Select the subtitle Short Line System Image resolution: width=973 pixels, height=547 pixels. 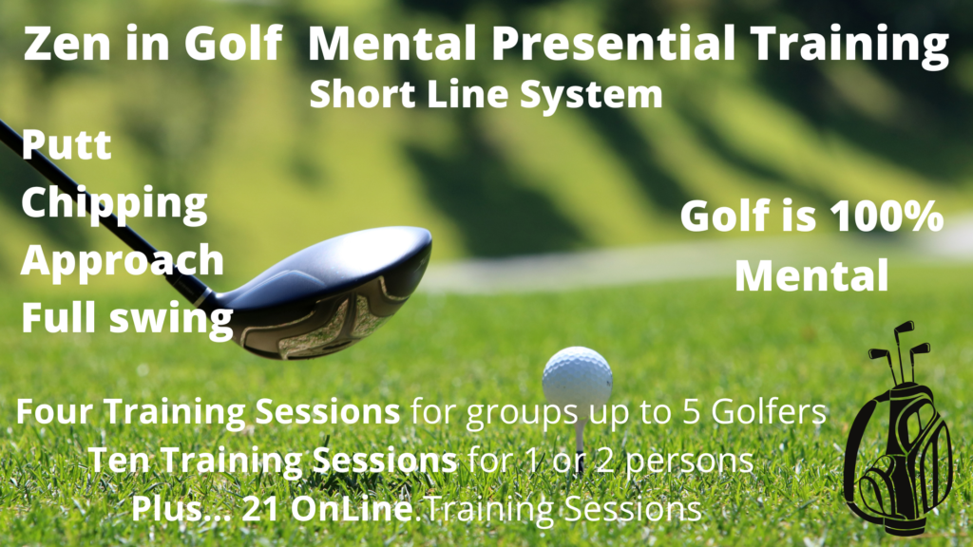[x=486, y=95]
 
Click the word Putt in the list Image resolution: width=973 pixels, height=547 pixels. [x=67, y=145]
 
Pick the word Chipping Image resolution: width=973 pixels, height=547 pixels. [x=114, y=203]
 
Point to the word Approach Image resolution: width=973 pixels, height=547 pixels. [x=123, y=261]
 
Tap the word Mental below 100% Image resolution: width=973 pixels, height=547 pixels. [x=811, y=275]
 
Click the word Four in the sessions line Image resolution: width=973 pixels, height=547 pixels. [x=56, y=411]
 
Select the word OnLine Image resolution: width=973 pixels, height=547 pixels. [x=352, y=509]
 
